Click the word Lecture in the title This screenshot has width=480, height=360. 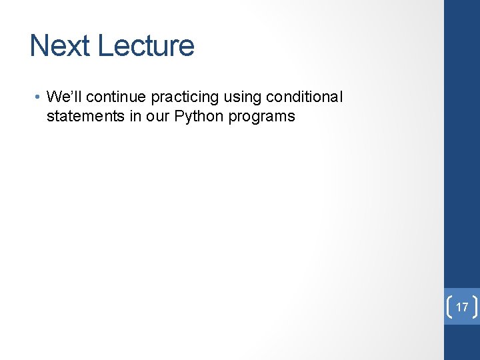pos(145,46)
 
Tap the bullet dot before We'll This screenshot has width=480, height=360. pos(40,97)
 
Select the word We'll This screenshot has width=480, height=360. pos(64,97)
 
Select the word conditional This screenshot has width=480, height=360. pos(304,97)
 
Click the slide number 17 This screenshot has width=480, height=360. pos(462,307)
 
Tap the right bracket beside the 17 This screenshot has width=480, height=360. pos(476,307)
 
